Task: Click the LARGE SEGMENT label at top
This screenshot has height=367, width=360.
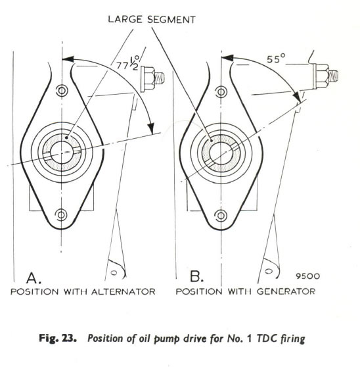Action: pyautogui.click(x=152, y=20)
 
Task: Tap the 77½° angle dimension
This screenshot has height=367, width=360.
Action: pyautogui.click(x=128, y=64)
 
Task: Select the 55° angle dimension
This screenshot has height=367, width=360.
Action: pyautogui.click(x=276, y=59)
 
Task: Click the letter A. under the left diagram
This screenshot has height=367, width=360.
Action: pyautogui.click(x=34, y=278)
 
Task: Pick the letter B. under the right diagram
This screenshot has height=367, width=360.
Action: pyautogui.click(x=196, y=276)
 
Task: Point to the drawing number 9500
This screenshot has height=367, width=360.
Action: pyautogui.click(x=307, y=276)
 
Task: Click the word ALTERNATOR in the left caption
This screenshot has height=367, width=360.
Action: pyautogui.click(x=124, y=291)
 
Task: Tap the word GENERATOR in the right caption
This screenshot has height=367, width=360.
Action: pyautogui.click(x=286, y=291)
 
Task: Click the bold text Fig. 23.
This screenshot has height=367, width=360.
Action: pyautogui.click(x=58, y=339)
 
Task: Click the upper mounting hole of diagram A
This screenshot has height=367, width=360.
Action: pyautogui.click(x=62, y=90)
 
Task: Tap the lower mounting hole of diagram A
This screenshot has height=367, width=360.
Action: pyautogui.click(x=61, y=214)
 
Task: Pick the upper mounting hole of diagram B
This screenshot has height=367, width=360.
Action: pyautogui.click(x=221, y=92)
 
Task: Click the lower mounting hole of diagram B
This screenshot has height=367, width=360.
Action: pyautogui.click(x=221, y=216)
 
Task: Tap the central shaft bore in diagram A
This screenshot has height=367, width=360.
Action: pyautogui.click(x=62, y=153)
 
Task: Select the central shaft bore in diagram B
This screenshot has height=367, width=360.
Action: pyautogui.click(x=221, y=153)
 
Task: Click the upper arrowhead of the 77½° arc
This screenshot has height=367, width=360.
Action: pyautogui.click(x=68, y=59)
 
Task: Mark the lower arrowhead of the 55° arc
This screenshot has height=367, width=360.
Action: pyautogui.click(x=297, y=95)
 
